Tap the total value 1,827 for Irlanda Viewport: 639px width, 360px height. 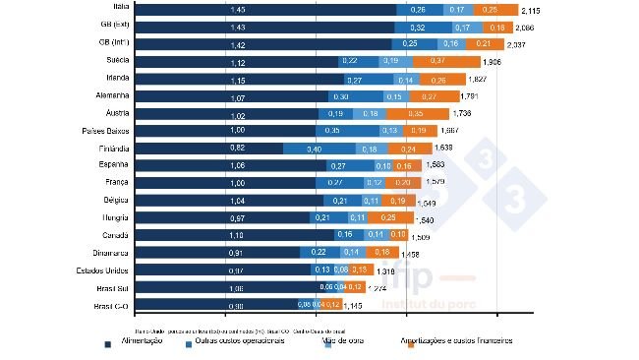pyautogui.click(x=478, y=79)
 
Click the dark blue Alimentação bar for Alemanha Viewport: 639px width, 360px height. pyautogui.click(x=232, y=96)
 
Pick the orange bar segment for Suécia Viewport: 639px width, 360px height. pyautogui.click(x=441, y=61)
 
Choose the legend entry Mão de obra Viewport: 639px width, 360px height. pyautogui.click(x=344, y=342)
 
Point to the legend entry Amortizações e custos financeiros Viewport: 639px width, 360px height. pyautogui.click(x=460, y=342)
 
